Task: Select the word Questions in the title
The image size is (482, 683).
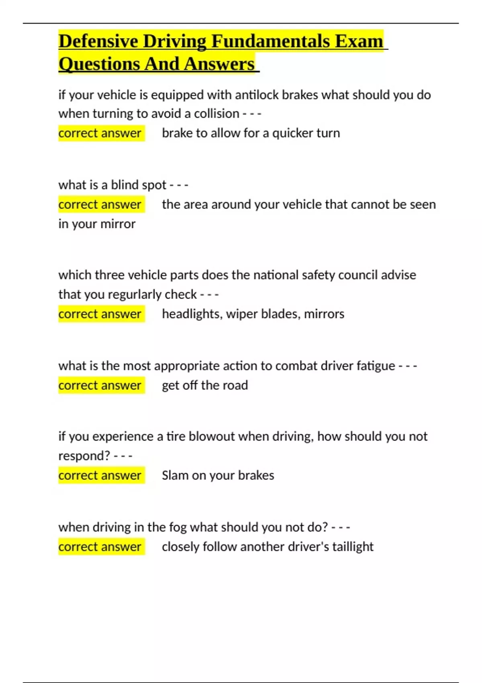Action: click(99, 64)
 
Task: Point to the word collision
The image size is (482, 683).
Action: click(216, 114)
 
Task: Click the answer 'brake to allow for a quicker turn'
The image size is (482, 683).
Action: click(251, 133)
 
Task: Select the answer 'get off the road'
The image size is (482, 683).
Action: click(205, 385)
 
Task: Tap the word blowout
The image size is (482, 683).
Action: click(213, 437)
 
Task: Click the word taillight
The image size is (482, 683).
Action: click(353, 547)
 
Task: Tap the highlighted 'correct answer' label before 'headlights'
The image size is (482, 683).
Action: click(100, 314)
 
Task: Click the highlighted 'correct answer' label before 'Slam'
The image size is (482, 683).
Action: click(100, 476)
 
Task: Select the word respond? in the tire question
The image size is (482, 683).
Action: click(84, 456)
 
